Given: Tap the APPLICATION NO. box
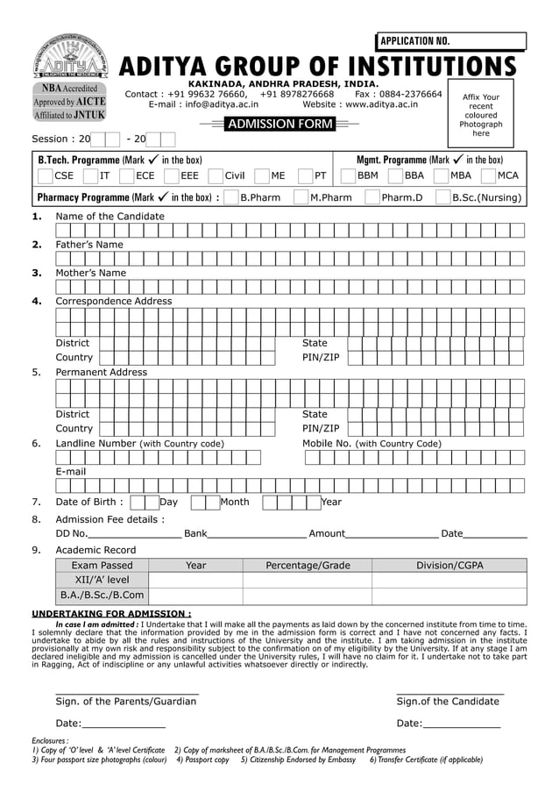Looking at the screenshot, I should pos(451,41).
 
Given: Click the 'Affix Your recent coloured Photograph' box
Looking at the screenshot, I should pos(480,114).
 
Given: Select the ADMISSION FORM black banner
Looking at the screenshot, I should pos(279,125).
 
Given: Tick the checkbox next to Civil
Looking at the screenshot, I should pos(216,175).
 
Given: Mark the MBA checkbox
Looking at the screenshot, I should pos(441,175).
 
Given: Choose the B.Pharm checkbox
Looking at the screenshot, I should pos(231,197).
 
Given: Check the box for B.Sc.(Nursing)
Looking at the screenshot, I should pos(442,197).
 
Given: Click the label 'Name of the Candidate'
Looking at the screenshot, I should pos(110,216).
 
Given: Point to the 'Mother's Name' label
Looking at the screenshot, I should pos(90,273).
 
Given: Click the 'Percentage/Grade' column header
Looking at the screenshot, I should pos(308,566).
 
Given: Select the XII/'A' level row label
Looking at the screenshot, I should pos(102,580).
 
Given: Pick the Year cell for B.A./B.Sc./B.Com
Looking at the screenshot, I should pos(195,596).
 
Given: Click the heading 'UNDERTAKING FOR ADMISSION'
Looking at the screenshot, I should pos(111,613).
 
